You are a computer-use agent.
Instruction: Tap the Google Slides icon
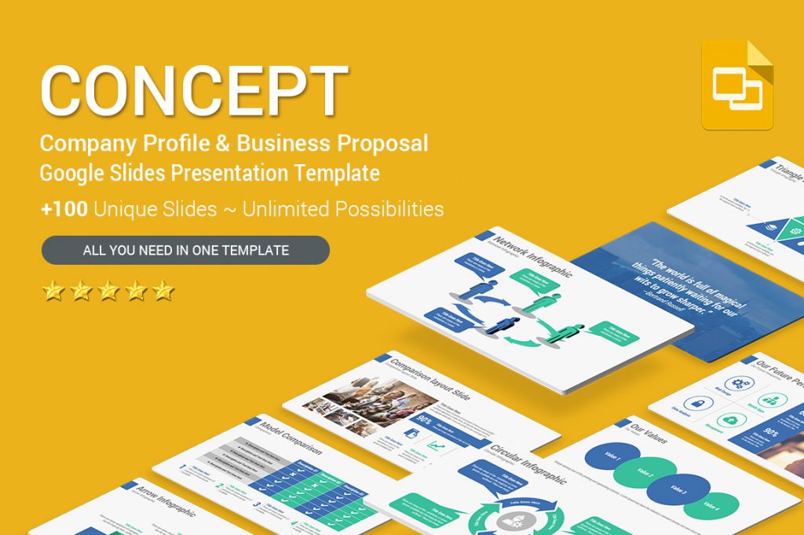(737, 84)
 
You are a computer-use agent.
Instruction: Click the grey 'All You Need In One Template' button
(185, 251)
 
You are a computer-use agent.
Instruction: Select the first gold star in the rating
(53, 291)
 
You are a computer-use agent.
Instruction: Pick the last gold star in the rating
(163, 291)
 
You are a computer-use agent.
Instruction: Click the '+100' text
(66, 209)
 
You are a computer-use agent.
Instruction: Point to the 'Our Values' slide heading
(649, 435)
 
